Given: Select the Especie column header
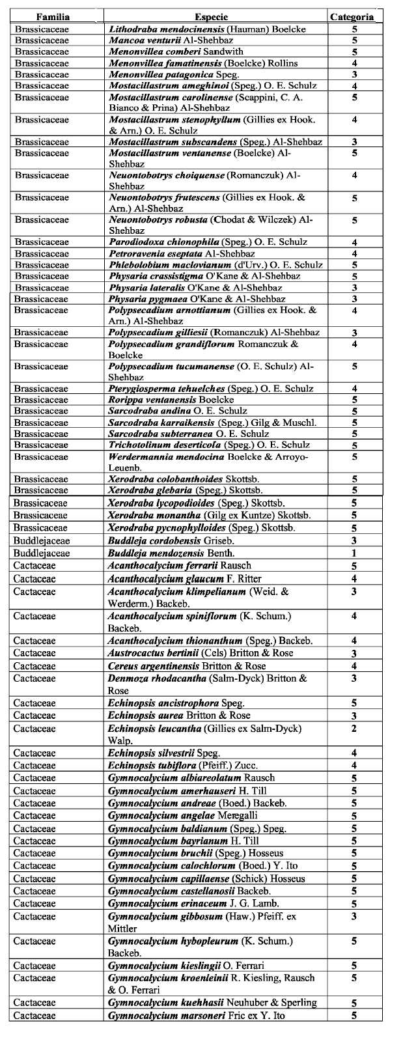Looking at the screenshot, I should [x=212, y=17].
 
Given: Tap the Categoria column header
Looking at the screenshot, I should [x=352, y=17].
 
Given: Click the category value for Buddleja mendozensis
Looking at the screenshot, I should [x=354, y=553].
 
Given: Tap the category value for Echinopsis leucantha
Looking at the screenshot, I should [x=354, y=729].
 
